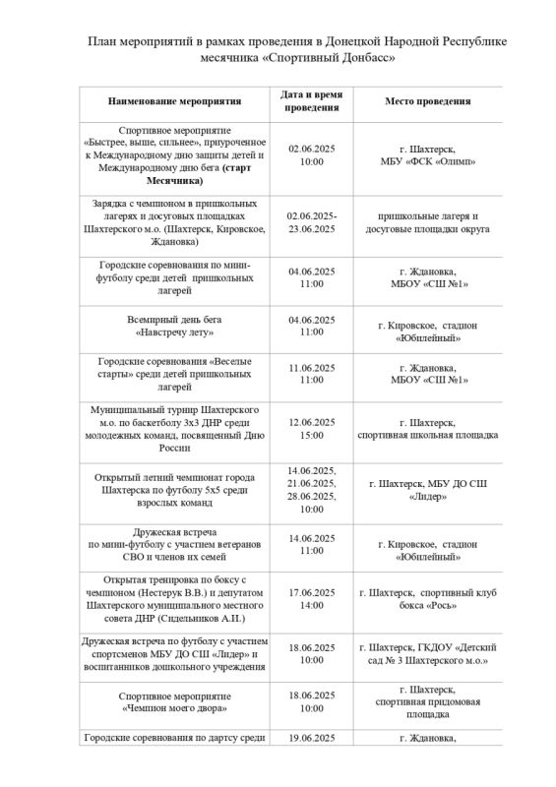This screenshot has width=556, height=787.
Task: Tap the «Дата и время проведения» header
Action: (312, 101)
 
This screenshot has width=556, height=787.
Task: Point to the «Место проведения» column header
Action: (427, 101)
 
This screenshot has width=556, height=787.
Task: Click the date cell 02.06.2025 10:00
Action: (312, 154)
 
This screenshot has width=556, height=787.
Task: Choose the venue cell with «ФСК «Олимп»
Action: (427, 161)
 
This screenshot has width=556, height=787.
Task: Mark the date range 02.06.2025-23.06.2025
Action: (312, 221)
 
